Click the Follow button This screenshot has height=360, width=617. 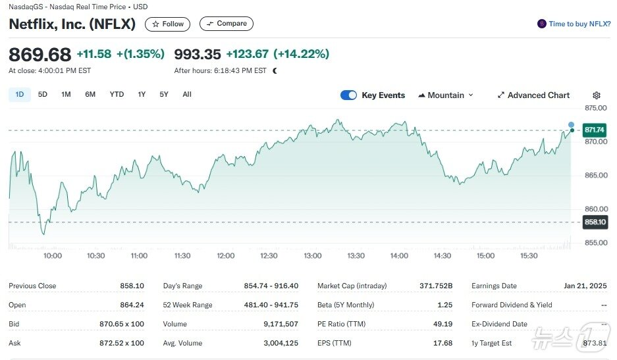[x=167, y=24]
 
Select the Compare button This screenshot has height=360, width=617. [x=226, y=24]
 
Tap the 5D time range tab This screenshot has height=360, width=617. [x=43, y=95]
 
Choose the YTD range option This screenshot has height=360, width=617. [x=117, y=95]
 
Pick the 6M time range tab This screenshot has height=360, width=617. [x=90, y=95]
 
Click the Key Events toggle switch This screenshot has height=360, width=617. [x=348, y=95]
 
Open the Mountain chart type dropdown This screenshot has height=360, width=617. [x=446, y=95]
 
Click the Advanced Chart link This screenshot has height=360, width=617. [x=533, y=95]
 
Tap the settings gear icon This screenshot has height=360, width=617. [x=597, y=95]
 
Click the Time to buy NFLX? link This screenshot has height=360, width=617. [x=574, y=24]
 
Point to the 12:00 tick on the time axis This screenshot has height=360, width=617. [x=225, y=255]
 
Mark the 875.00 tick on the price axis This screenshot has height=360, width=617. [x=595, y=107]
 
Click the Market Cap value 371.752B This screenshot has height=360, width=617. [x=436, y=286]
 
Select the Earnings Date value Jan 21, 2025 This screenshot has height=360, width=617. [x=585, y=286]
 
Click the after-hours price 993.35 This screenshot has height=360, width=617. [x=197, y=54]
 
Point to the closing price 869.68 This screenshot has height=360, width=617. [x=40, y=54]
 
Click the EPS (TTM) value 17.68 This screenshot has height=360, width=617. [x=443, y=343]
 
